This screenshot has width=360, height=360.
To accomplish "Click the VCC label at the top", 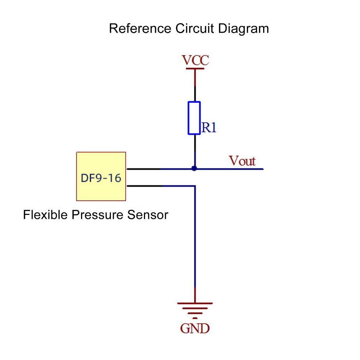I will point(195,60).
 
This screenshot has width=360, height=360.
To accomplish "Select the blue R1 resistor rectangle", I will point(194,118).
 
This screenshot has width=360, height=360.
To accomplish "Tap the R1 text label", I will point(209,127).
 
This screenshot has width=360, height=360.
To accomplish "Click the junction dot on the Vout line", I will point(194,168).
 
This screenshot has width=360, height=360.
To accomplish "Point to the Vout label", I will point(242,161).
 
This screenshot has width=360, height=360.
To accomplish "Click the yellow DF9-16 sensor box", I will point(101,176).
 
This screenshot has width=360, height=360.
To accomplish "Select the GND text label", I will point(195,328).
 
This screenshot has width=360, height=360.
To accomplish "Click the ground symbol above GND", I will point(195,310).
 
